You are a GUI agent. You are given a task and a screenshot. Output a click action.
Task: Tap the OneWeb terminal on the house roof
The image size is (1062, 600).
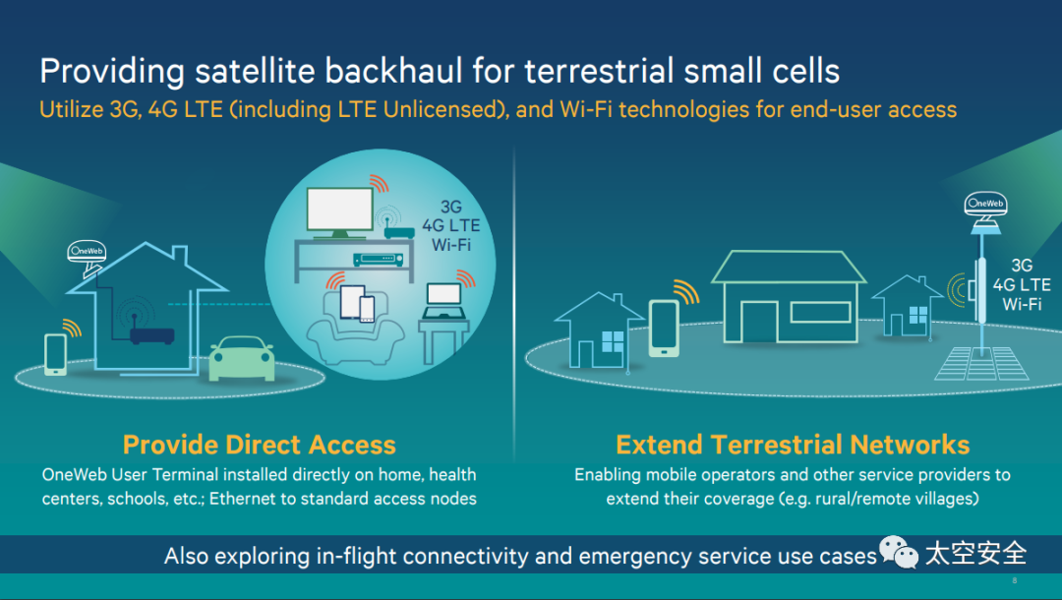[x=87, y=253]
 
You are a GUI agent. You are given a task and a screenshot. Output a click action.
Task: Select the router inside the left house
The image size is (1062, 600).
[x=151, y=334]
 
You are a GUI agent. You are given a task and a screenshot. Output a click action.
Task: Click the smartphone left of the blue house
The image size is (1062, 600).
[x=55, y=353]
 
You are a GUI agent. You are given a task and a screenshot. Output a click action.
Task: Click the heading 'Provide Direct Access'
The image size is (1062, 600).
[x=260, y=445]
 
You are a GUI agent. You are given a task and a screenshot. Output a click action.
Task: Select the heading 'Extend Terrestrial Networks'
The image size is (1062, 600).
[x=793, y=445]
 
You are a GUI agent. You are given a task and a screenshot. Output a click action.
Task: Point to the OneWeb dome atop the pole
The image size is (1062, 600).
[x=985, y=209]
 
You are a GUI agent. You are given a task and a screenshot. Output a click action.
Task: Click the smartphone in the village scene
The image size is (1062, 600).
[x=664, y=327]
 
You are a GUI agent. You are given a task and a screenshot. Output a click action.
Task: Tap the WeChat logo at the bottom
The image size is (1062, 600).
[x=899, y=554]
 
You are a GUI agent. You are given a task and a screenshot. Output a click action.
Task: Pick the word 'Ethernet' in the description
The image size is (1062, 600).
[x=252, y=499]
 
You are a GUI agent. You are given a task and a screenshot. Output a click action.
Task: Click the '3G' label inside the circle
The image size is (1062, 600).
[x=450, y=208]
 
